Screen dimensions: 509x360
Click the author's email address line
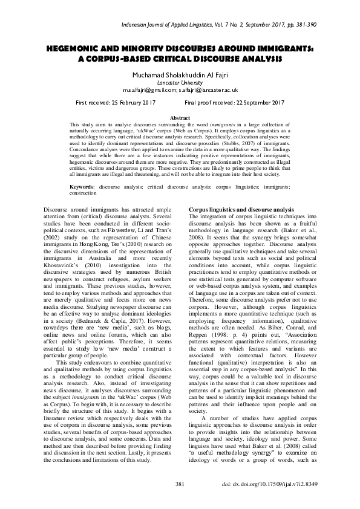tap(180, 89)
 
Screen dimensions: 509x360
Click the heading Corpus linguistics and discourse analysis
tap(234, 209)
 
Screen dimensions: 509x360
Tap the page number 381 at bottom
tap(180, 485)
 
